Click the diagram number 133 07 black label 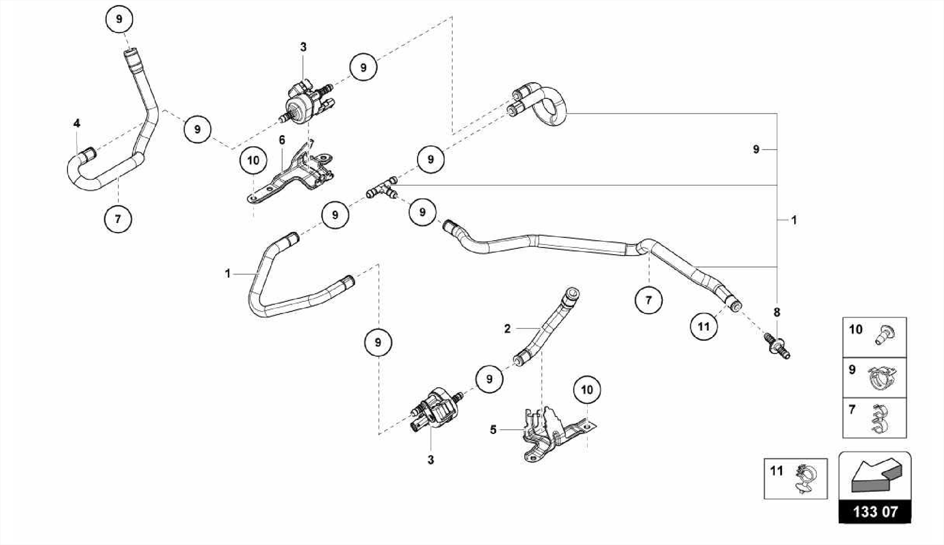pos(874,511)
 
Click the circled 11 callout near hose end pos(703,326)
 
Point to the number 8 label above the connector pos(777,312)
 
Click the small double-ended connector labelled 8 pos(779,346)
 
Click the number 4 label pos(77,123)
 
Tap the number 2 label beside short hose pos(507,329)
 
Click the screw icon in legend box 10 pos(884,334)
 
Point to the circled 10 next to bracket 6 pos(254,160)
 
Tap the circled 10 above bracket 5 pos(587,390)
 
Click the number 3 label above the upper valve pos(303,47)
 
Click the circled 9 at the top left pos(119,19)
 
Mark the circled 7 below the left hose pos(118,219)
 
